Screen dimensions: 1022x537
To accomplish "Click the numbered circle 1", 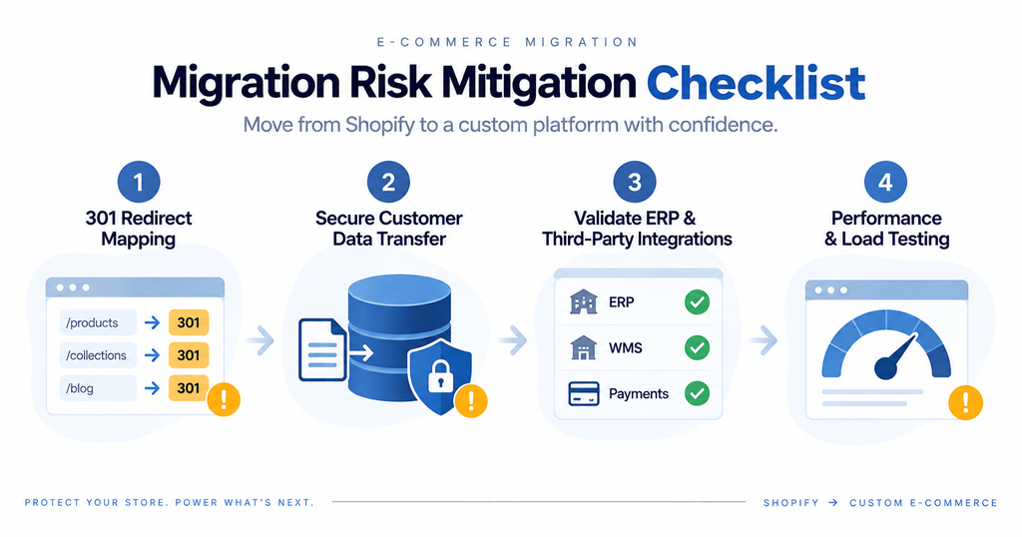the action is [139, 182].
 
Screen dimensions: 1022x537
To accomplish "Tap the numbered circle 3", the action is [635, 182].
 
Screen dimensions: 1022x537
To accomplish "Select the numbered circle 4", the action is [886, 182].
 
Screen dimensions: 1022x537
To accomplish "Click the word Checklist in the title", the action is [757, 84].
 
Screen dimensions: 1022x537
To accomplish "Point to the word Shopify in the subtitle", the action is [379, 125].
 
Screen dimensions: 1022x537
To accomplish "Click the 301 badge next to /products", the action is [189, 322].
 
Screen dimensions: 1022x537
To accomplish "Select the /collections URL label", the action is [96, 355].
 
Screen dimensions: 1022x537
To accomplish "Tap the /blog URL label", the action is [80, 388].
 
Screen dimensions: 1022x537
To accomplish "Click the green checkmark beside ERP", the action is [697, 302].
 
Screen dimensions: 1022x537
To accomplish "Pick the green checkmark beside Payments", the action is [697, 393].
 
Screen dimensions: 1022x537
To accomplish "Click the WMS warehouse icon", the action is [583, 348].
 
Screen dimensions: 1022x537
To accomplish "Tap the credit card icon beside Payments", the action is [583, 393].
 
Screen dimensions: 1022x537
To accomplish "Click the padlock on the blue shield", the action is [440, 375].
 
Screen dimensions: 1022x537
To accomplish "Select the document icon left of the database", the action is [322, 349].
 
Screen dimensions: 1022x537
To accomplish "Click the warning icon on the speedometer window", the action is [965, 403].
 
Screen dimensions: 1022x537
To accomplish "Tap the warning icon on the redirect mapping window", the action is [224, 399].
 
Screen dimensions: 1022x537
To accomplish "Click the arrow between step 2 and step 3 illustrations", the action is [513, 339].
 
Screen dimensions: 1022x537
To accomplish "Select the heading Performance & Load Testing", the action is [886, 229].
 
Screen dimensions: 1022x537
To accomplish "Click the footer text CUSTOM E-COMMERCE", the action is [923, 503].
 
